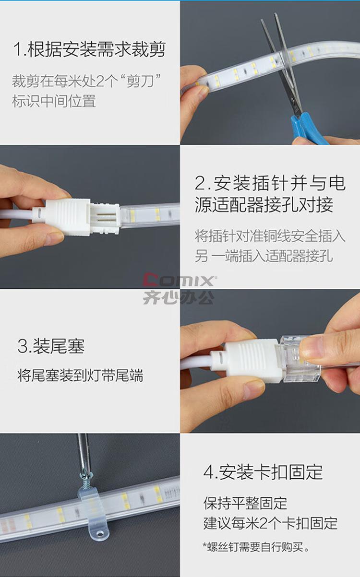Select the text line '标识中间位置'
[x=54, y=101]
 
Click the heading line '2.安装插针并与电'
[x=270, y=183]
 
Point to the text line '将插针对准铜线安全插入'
[x=270, y=236]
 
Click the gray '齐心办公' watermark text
[x=179, y=297]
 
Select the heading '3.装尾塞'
[x=51, y=346]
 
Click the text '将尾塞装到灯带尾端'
[x=80, y=375]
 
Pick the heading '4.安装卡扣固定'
[x=263, y=472]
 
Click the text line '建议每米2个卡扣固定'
[x=270, y=523]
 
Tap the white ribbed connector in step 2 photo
[x=68, y=217]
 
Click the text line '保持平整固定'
[x=245, y=503]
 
